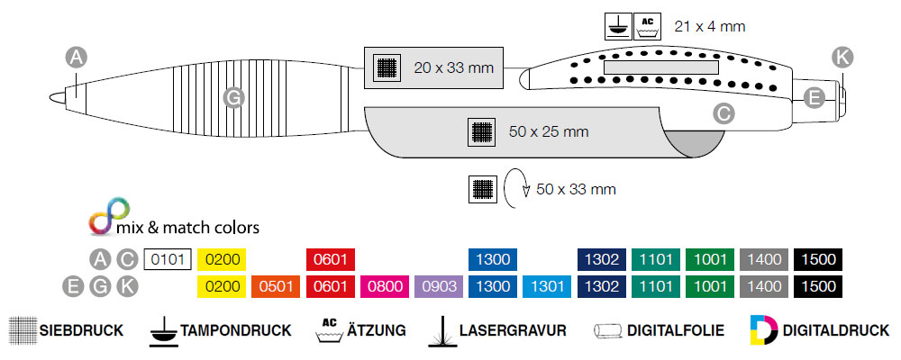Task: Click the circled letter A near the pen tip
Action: tap(77, 58)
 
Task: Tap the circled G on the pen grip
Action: tap(234, 96)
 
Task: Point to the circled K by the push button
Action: tap(842, 57)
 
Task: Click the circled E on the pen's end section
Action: tap(815, 97)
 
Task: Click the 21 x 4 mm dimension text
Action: tap(710, 26)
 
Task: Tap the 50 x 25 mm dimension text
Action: tap(548, 131)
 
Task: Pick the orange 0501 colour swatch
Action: tap(275, 286)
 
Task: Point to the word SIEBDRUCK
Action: tap(82, 330)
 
